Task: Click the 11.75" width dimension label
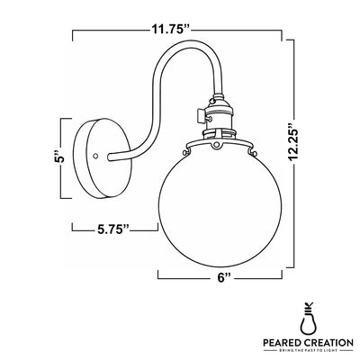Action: (171, 29)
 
